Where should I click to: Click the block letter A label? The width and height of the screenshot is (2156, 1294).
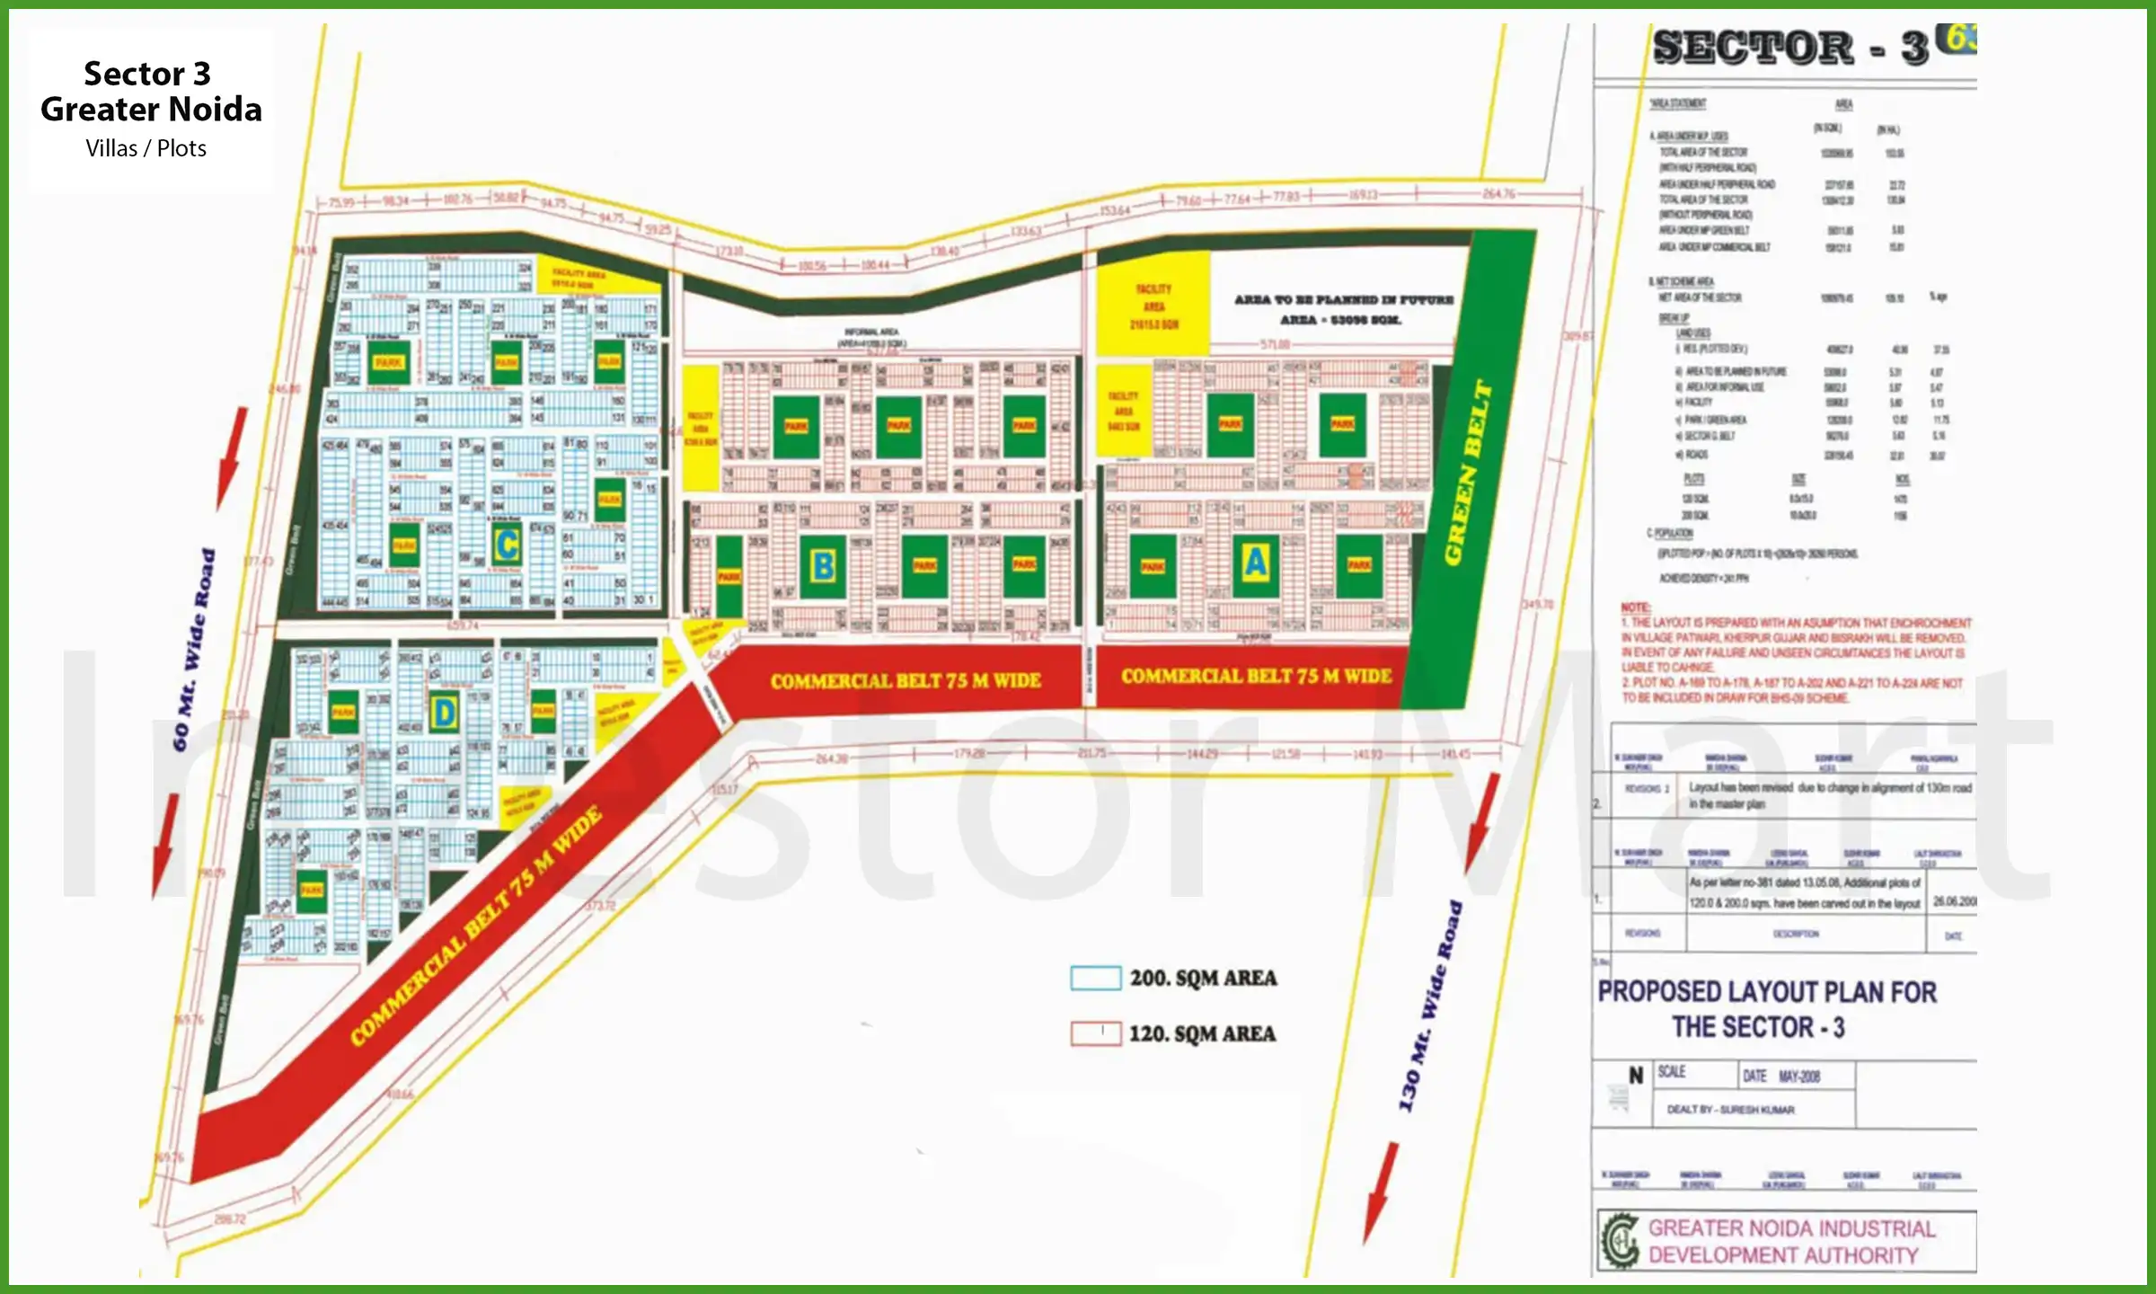coord(1255,563)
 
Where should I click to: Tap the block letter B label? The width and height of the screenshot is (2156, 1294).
coord(822,567)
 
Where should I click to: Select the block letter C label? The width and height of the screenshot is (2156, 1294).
coord(508,545)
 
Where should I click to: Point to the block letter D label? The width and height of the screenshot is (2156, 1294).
coord(444,713)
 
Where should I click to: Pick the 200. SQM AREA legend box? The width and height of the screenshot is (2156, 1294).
coord(1095,978)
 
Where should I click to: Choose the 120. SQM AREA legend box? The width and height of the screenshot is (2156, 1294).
coord(1095,1033)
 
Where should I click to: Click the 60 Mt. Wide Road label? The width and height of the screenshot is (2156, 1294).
coord(194,649)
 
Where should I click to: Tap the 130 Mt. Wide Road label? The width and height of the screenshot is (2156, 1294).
coord(1429,1006)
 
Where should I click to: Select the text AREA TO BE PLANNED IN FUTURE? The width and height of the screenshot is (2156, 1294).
coord(1343,299)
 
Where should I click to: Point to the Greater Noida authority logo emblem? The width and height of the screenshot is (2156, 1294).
coord(1620,1241)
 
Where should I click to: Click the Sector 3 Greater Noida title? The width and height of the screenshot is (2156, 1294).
coord(151,92)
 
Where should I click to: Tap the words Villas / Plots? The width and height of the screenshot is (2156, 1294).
coord(146,148)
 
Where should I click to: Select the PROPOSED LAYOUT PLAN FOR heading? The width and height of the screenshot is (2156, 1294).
coord(1766,992)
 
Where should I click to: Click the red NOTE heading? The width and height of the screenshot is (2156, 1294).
coord(1636,608)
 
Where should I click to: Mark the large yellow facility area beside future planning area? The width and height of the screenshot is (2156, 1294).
coord(1153,306)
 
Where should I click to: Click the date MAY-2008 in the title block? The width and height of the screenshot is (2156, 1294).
coord(1798,1076)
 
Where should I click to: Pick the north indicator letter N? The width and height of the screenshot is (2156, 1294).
coord(1636,1076)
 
